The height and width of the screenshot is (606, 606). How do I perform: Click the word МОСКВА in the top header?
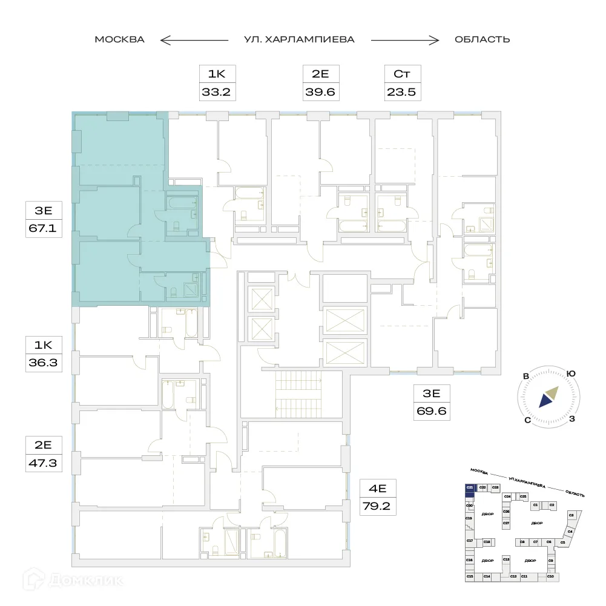click(x=119, y=39)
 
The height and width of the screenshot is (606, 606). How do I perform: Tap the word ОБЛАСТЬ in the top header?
click(x=482, y=39)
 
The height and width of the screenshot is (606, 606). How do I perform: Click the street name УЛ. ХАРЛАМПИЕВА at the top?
click(x=298, y=39)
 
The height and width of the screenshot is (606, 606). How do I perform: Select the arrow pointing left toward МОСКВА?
click(x=194, y=40)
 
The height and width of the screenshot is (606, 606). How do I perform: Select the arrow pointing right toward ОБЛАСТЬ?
click(x=404, y=40)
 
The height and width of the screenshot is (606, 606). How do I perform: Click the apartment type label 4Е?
click(x=378, y=487)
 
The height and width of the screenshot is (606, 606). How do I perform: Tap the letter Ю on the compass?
click(x=570, y=374)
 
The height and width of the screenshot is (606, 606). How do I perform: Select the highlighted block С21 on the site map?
click(x=469, y=487)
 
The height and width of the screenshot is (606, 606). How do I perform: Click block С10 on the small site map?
click(x=551, y=576)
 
